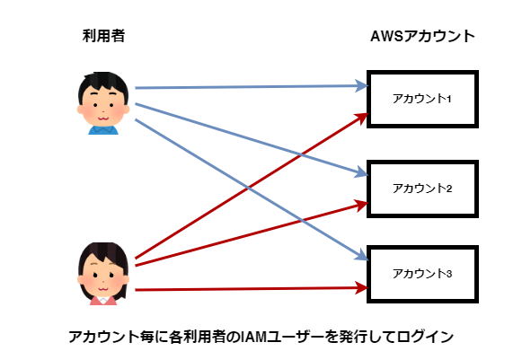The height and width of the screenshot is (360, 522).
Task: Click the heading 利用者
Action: tap(103, 36)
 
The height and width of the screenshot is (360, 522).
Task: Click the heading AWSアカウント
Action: tap(422, 36)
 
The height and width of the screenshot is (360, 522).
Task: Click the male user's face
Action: tap(103, 107)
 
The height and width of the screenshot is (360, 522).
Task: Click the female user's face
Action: tap(103, 277)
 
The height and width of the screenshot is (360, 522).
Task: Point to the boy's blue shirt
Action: tap(103, 130)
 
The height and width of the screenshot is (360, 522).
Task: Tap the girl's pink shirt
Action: tap(103, 301)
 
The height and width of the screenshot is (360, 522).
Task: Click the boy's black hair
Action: tap(103, 82)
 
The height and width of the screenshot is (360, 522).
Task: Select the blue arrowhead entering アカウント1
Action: tap(361, 86)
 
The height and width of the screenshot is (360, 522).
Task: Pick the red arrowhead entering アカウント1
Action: tap(362, 117)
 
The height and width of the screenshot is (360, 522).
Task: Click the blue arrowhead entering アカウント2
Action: tap(361, 173)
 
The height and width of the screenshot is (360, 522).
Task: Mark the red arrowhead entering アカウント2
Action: tap(361, 205)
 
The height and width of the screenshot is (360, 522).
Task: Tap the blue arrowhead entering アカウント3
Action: tap(362, 256)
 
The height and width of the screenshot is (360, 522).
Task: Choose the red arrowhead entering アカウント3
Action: tap(361, 288)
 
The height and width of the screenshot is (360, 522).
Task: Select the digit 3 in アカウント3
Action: tap(449, 274)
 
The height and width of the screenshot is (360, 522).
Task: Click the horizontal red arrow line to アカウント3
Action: tap(252, 289)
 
